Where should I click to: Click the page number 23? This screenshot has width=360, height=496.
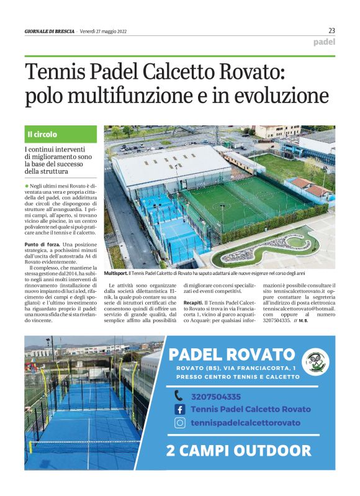pyautogui.click(x=331, y=30)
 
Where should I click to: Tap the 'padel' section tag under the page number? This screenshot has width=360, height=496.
pyautogui.click(x=324, y=42)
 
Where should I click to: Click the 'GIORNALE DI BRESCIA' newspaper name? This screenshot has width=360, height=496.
pyautogui.click(x=49, y=32)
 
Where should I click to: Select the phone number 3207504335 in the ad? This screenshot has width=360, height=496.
pyautogui.click(x=216, y=396)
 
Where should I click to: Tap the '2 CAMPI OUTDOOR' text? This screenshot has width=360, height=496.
pyautogui.click(x=239, y=450)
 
